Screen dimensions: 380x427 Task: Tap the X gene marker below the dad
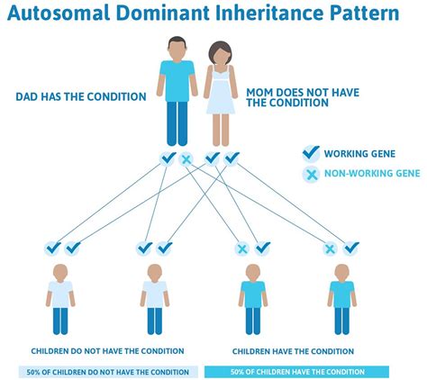[186, 159]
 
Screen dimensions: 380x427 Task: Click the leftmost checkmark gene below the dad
[168, 159]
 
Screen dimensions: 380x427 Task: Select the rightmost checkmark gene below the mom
[232, 159]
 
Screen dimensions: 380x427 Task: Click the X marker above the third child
[241, 248]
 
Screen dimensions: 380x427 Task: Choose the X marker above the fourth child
[331, 248]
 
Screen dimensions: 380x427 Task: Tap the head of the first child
[61, 271]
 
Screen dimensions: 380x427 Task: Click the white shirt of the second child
[155, 294]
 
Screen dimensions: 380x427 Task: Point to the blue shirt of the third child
[253, 294]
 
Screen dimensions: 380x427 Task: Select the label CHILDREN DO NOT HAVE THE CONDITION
[107, 351]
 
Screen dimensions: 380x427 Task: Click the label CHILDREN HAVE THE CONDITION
[293, 351]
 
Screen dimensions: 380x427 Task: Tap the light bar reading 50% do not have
[107, 371]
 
